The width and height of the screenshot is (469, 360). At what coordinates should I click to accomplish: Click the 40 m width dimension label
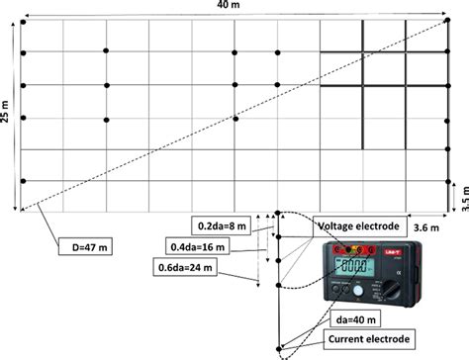tap(241, 7)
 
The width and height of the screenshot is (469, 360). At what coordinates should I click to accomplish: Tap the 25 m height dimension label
tap(8, 115)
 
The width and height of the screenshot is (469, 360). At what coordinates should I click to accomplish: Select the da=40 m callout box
tap(361, 318)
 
